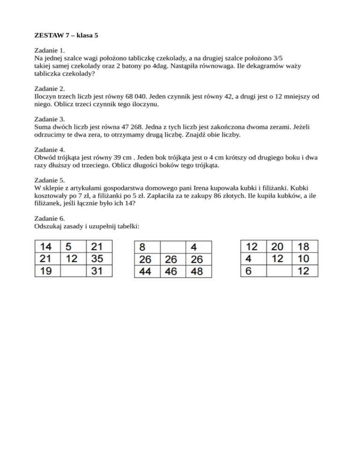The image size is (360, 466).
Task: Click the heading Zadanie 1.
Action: [50, 49]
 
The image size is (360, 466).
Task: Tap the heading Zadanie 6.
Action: [50, 218]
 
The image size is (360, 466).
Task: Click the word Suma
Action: [43, 127]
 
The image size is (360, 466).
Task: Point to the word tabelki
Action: [127, 225]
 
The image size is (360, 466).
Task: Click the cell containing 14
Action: [46, 247]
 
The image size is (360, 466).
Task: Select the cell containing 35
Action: [99, 259]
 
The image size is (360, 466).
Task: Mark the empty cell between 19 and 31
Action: [73, 271]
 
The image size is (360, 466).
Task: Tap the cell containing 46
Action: [172, 271]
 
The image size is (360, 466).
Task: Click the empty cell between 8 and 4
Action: [172, 247]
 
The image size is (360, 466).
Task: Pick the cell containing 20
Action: [277, 246]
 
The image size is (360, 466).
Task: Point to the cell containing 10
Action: [304, 258]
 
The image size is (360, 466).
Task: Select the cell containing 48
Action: [198, 271]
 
